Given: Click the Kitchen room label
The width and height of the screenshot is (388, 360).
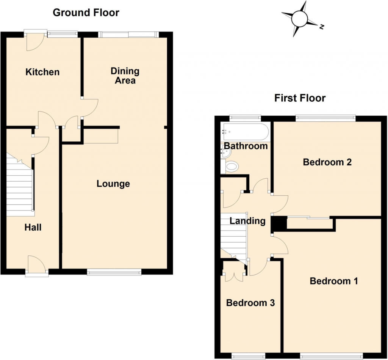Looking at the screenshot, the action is click(x=42, y=72).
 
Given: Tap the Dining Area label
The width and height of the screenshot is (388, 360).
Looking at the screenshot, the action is click(x=125, y=76).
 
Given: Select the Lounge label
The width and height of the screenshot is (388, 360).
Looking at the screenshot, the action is click(x=113, y=184).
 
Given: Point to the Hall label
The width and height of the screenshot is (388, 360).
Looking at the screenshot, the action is click(x=33, y=228).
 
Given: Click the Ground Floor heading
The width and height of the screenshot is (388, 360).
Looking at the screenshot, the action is click(x=86, y=13).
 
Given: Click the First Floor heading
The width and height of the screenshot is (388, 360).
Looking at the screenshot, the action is click(x=300, y=98).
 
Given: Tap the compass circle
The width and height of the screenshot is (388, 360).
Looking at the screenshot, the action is click(x=299, y=19).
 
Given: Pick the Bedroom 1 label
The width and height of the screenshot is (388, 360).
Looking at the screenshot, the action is click(x=333, y=281).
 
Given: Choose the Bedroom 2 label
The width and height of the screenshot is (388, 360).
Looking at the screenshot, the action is click(x=327, y=162).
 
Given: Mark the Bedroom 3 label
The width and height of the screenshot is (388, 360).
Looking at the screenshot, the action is click(x=250, y=303).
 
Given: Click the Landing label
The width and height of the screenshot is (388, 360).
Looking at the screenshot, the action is click(x=247, y=221).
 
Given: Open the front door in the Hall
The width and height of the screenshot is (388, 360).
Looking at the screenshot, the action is click(x=37, y=266).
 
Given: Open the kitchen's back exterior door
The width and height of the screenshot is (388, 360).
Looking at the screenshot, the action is click(x=35, y=40).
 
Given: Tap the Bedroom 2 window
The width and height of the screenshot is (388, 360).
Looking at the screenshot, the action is click(x=325, y=118).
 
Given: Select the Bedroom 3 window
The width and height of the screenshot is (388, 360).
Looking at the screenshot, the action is click(x=248, y=356).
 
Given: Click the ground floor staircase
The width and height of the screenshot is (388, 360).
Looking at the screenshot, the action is click(x=20, y=185).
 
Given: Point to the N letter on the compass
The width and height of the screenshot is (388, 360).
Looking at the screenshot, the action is click(x=321, y=27).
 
